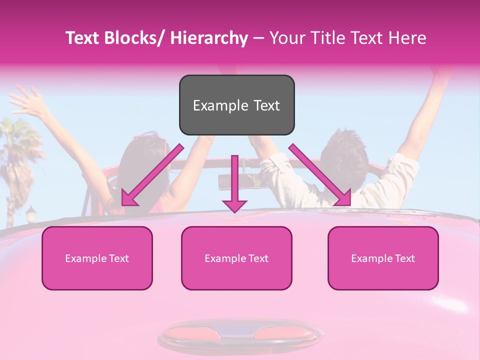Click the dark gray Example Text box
pyautogui.click(x=236, y=105)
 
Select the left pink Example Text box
pyautogui.click(x=97, y=258)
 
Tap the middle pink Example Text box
pyautogui.click(x=236, y=258)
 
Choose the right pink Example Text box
pyautogui.click(x=383, y=258)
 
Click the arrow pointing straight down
pyautogui.click(x=234, y=185)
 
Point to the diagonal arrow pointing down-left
pyautogui.click(x=150, y=177)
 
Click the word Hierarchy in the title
pyautogui.click(x=209, y=38)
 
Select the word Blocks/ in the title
pyautogui.click(x=135, y=38)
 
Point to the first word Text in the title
pyautogui.click(x=82, y=38)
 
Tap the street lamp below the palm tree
pyautogui.click(x=31, y=214)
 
